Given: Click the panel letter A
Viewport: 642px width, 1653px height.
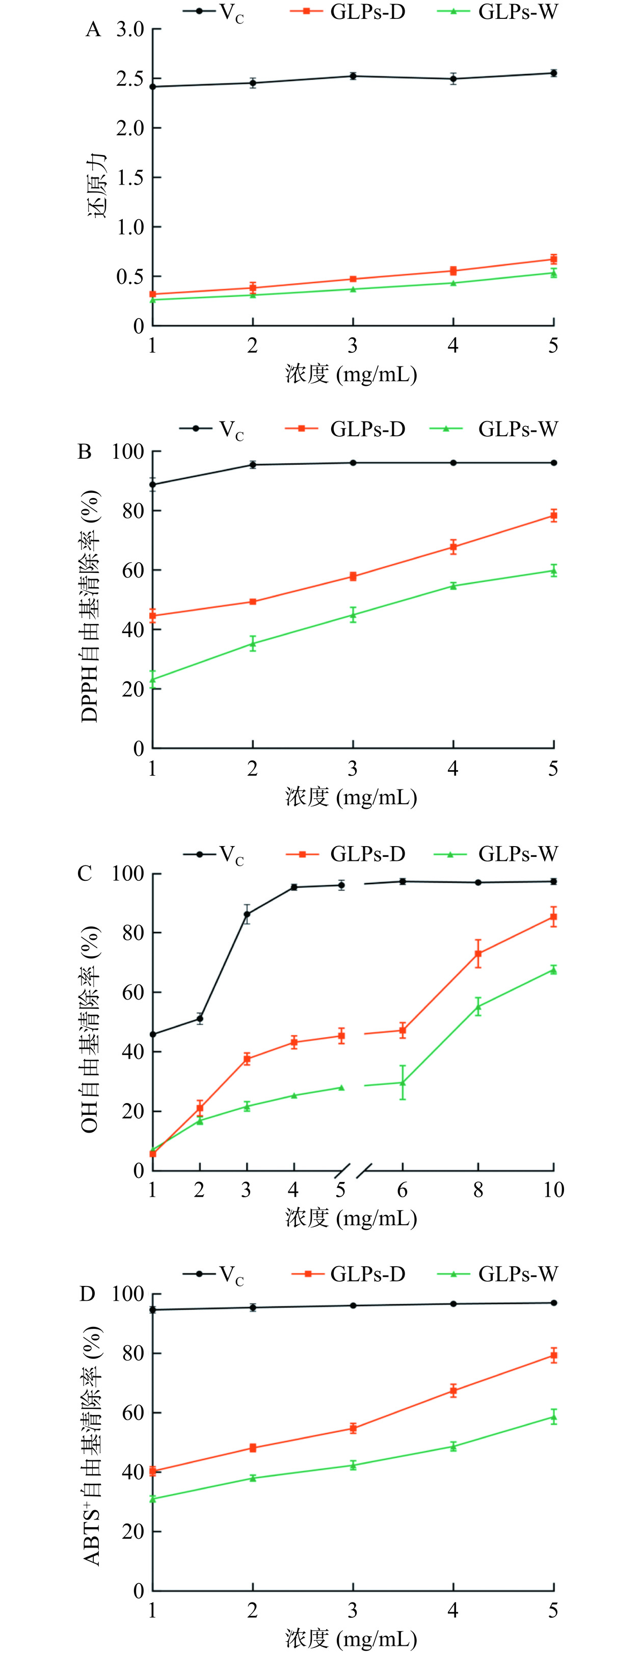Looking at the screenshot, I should pyautogui.click(x=94, y=30).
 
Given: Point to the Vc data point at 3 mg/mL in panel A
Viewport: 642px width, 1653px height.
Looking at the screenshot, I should pyautogui.click(x=353, y=76).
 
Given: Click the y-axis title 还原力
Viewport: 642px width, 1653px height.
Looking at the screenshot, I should pyautogui.click(x=97, y=186).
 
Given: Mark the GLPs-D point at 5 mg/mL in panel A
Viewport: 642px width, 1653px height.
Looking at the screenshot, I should pyautogui.click(x=553, y=259).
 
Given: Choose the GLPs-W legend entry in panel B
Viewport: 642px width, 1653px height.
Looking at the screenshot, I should pyautogui.click(x=493, y=429).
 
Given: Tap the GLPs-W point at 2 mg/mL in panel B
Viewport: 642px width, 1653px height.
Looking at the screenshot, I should pyautogui.click(x=253, y=644).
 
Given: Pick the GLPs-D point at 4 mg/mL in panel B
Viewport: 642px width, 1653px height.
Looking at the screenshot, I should pyautogui.click(x=453, y=547).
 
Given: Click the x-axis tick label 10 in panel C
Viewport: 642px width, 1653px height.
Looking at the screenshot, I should pyautogui.click(x=553, y=1190).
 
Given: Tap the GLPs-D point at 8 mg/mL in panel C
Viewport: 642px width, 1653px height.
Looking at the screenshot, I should pyautogui.click(x=478, y=954).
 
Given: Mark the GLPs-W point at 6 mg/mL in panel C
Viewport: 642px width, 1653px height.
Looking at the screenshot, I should pyautogui.click(x=403, y=1083).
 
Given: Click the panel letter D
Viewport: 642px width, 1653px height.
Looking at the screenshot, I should pyautogui.click(x=87, y=1294).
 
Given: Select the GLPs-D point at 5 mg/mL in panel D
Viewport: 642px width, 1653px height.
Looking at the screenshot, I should pyautogui.click(x=553, y=1356).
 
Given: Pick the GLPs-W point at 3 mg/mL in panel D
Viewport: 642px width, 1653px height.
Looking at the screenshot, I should pyautogui.click(x=353, y=1465).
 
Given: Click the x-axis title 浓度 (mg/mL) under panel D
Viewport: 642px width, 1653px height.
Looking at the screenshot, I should pyautogui.click(x=352, y=1639).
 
